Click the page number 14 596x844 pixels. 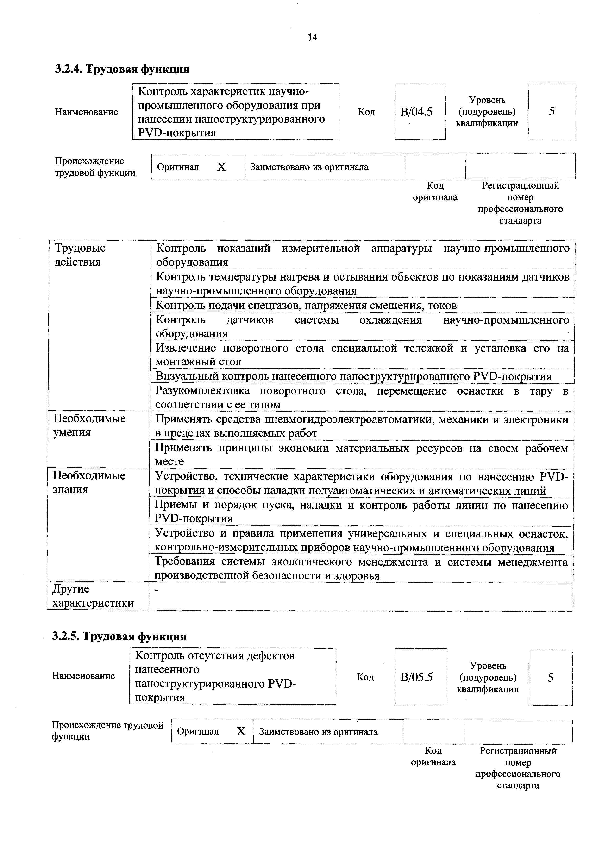tap(312, 37)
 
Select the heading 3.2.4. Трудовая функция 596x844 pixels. tap(122, 69)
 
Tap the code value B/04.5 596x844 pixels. tap(416, 111)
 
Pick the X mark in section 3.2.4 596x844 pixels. tap(221, 167)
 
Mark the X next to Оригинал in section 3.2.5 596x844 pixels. tap(241, 731)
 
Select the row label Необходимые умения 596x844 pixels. tap(89, 425)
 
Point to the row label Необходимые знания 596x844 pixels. tap(89, 482)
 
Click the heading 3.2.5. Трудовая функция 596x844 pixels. tap(119, 636)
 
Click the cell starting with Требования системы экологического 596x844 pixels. tap(361, 569)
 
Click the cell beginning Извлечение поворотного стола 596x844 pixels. tap(362, 354)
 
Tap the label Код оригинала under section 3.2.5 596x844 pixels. tap(433, 756)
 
